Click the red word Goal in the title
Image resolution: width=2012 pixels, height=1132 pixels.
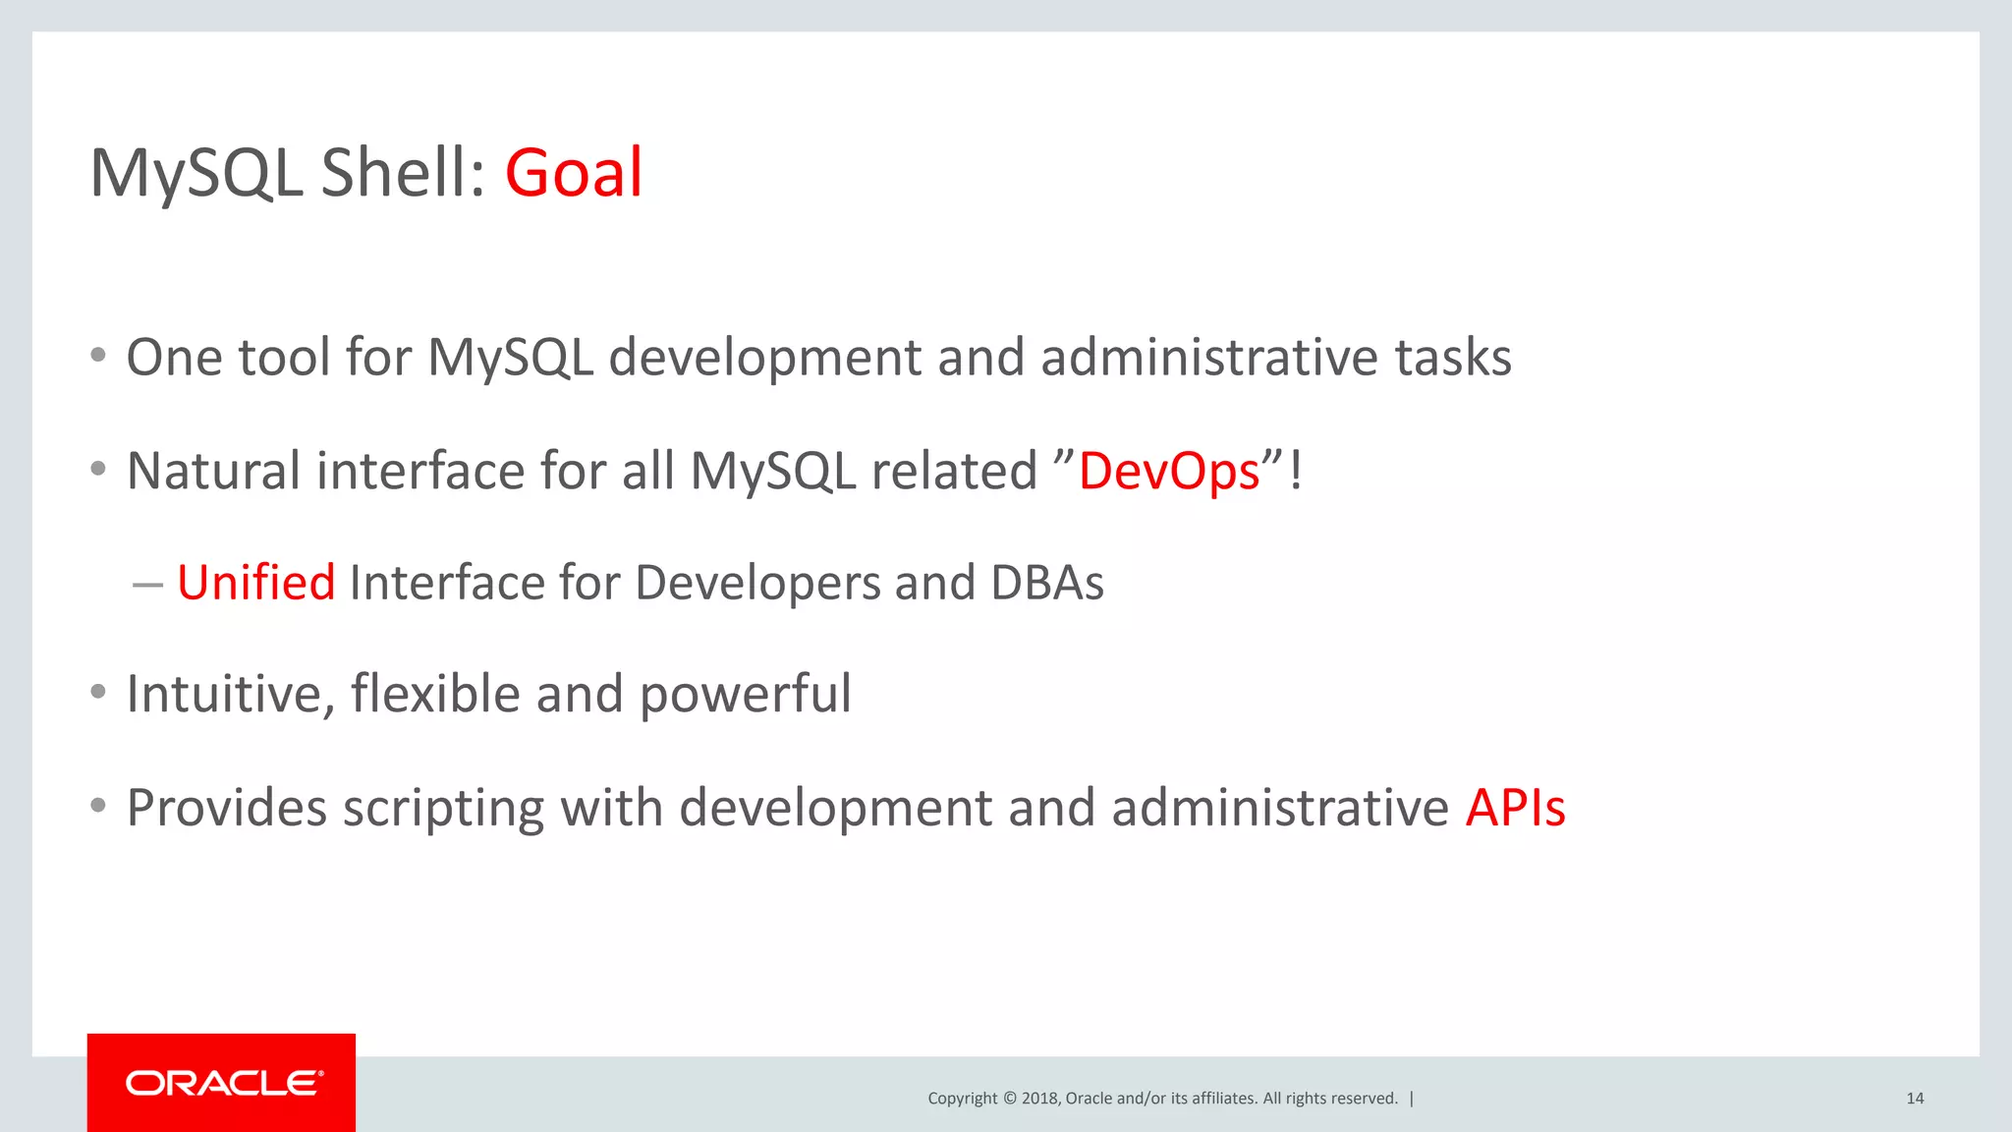[x=574, y=173]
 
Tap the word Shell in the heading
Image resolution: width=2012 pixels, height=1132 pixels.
[x=403, y=173]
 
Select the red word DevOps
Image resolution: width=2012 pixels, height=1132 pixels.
[x=1169, y=472]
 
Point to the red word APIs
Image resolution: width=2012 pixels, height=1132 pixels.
[x=1515, y=808]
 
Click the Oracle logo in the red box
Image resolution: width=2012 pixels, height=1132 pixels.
[x=223, y=1083]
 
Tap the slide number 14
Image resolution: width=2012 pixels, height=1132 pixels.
[x=1915, y=1099]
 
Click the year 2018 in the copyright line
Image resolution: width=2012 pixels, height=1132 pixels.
[x=1039, y=1099]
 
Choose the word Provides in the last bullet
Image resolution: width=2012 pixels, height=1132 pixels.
[x=227, y=808]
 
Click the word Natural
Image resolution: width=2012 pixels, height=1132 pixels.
[x=213, y=471]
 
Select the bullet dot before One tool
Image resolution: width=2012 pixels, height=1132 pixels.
[x=97, y=356]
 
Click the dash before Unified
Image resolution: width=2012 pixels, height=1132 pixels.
[x=147, y=585]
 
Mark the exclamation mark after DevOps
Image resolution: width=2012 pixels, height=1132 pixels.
[x=1296, y=471]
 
